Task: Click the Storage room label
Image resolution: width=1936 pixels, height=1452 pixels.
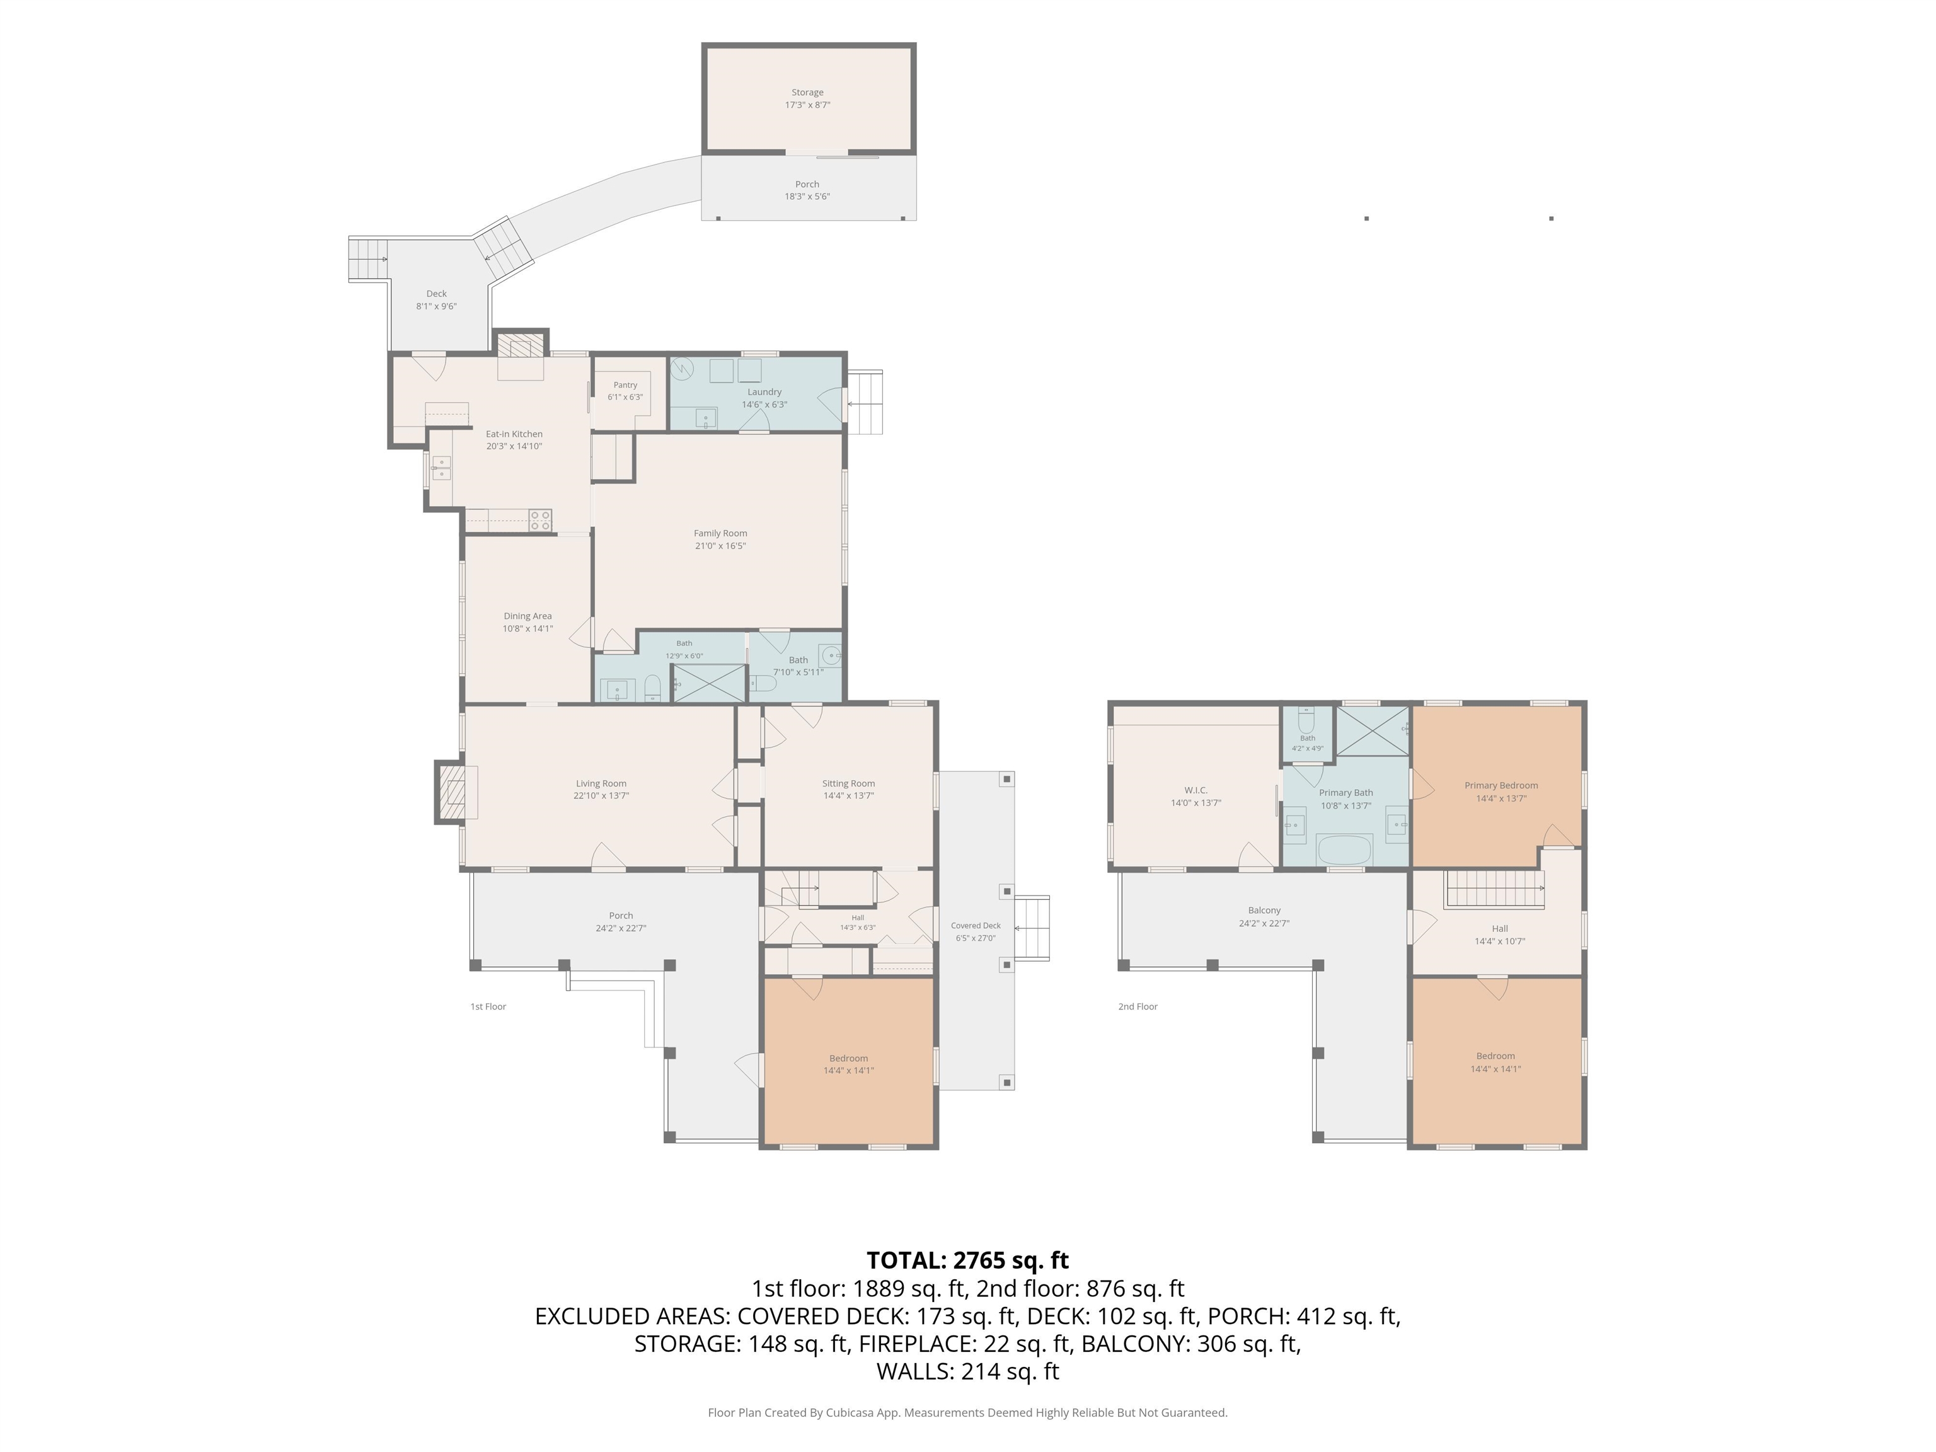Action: point(807,92)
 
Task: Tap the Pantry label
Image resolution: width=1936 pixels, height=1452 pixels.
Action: point(625,385)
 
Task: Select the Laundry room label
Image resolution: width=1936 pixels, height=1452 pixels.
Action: point(764,392)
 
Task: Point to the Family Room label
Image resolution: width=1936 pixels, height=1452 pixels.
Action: point(720,533)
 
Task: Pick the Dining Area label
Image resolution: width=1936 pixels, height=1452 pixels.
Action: point(527,616)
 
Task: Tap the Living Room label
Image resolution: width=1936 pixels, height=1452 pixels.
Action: point(601,784)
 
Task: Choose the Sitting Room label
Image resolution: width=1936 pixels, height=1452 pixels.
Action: point(848,784)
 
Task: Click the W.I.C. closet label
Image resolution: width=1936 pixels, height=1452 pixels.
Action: point(1196,790)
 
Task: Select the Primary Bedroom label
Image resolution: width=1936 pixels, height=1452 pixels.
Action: point(1501,786)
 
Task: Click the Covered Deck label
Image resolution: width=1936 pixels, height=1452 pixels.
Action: point(975,925)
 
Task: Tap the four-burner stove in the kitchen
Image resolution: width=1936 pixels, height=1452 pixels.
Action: point(540,520)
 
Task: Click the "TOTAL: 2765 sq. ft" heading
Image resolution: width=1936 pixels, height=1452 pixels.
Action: point(967,1260)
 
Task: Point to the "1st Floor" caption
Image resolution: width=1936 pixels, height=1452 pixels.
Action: point(488,1006)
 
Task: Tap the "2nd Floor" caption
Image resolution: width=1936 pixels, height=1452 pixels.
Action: point(1137,1006)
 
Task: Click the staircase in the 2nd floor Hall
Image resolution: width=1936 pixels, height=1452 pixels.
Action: point(1494,889)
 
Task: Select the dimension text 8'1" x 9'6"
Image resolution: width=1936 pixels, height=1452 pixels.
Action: point(436,306)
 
